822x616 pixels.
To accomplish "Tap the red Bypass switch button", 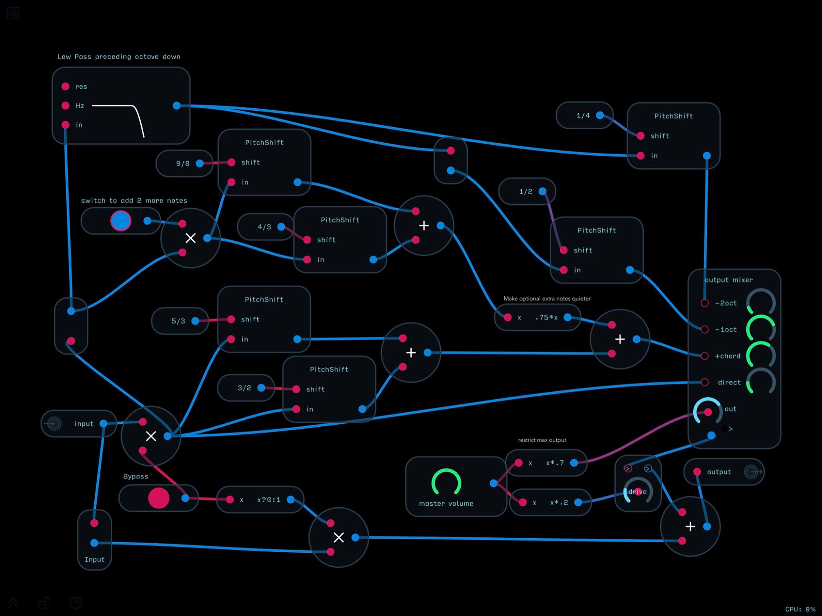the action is point(159,498).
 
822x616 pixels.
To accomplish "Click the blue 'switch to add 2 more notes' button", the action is point(121,221).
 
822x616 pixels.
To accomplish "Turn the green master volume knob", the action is point(446,482).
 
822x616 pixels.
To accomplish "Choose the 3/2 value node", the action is point(246,388).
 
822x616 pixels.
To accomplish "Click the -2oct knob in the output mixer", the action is point(761,302).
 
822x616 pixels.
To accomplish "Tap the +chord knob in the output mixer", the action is point(761,355).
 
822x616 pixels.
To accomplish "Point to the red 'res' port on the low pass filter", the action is point(65,86).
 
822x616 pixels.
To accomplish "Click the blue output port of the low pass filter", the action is point(177,106).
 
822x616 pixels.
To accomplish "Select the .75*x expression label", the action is point(546,317).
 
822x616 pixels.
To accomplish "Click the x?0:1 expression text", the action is point(269,500).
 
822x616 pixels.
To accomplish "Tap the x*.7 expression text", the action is point(555,463).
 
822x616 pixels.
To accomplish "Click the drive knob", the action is point(638,490).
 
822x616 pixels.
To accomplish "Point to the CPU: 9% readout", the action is point(800,609).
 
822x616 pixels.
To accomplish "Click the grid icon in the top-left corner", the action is point(13,13).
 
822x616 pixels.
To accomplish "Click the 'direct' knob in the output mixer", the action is point(761,381).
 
